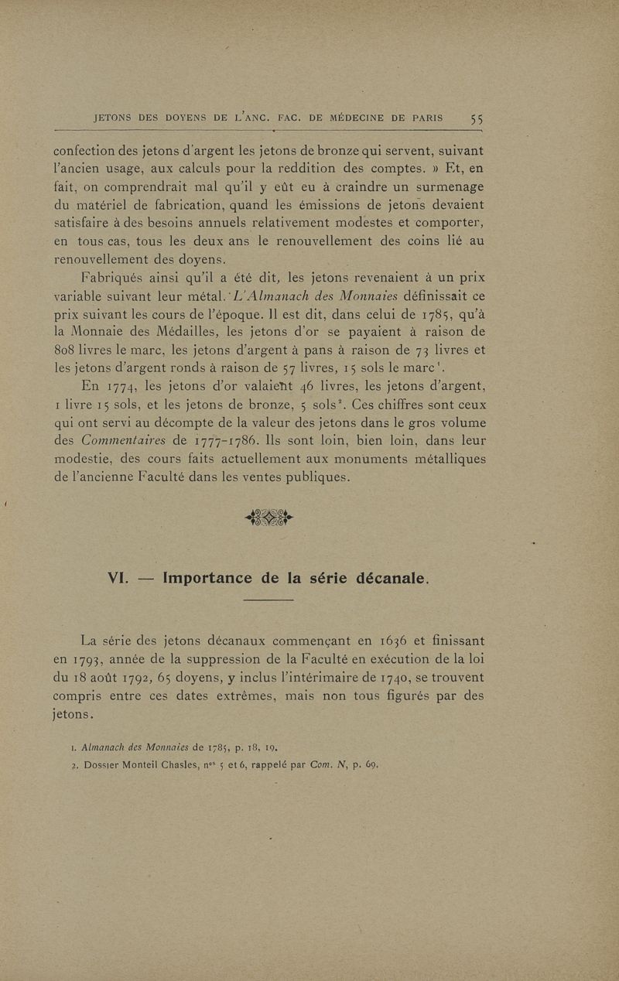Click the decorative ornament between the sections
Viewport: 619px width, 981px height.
(269, 516)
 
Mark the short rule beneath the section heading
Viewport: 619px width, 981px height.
(268, 600)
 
